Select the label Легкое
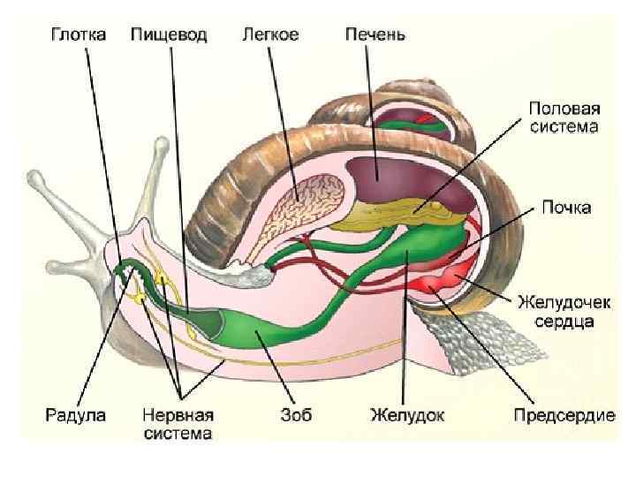click(270, 35)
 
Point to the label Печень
click(375, 35)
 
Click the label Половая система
click(564, 117)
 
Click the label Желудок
click(405, 413)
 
